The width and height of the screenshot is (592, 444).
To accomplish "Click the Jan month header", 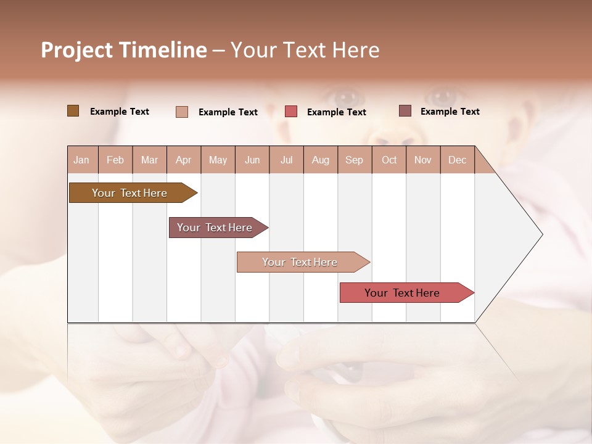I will point(81,160).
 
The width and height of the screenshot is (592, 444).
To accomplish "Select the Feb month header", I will point(115,160).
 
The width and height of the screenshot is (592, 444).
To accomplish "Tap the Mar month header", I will point(149,160).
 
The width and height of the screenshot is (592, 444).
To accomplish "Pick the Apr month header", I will point(183,160).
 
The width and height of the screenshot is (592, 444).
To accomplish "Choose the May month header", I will point(218,160).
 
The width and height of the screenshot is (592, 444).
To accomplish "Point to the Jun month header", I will point(252,160).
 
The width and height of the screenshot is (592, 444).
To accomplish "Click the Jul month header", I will point(286,160).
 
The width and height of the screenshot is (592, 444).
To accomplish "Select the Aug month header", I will point(320,160).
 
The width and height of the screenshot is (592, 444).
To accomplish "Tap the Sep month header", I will point(354,160).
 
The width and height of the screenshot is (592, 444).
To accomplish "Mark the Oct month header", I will point(389,160).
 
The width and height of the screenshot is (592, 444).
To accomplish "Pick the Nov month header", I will point(422,160).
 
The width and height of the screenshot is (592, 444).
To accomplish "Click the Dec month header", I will point(457,160).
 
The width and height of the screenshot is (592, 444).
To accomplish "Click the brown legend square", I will point(73,111).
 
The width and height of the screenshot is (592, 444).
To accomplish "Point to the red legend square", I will point(291,112).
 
